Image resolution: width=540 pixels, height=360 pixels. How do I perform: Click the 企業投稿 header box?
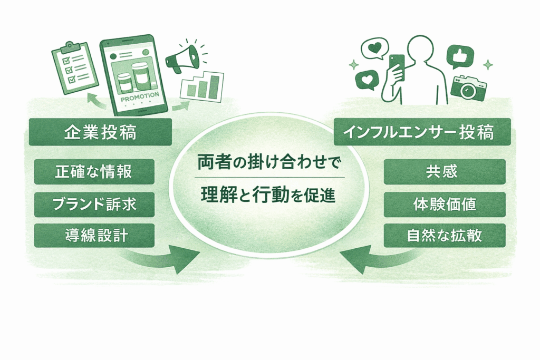[x=100, y=132]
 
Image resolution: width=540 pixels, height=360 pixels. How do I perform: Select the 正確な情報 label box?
[x=94, y=172]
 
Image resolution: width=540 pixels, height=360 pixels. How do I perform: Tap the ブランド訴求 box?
[x=94, y=204]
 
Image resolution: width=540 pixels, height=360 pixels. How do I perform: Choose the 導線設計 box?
[x=94, y=236]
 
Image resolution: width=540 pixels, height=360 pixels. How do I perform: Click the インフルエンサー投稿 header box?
[x=422, y=132]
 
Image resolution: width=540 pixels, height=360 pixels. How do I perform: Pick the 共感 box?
[x=445, y=172]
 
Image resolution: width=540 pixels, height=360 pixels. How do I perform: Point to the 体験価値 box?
[x=445, y=204]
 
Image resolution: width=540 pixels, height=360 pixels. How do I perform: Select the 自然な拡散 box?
[x=445, y=236]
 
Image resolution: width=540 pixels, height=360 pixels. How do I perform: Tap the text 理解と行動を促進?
[x=269, y=194]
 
